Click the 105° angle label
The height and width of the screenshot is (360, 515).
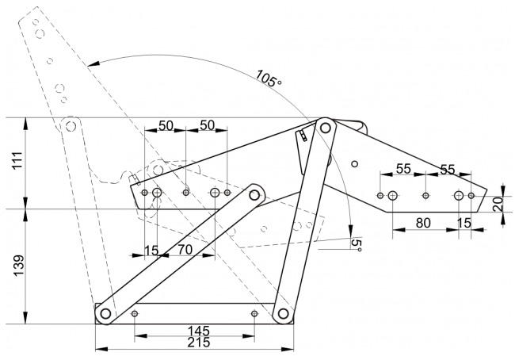tap(269, 79)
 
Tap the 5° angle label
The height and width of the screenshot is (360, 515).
tap(357, 245)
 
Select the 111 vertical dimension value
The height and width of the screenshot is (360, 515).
tap(17, 160)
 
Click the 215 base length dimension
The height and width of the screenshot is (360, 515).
tap(199, 343)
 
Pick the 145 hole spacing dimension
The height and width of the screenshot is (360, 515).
tap(198, 331)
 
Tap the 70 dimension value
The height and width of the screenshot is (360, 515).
tap(185, 250)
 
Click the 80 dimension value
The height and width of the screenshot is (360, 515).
tap(423, 224)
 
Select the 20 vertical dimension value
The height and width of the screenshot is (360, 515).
tap(498, 204)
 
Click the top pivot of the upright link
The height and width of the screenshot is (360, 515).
tap(325, 127)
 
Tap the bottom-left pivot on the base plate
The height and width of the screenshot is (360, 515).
tap(105, 313)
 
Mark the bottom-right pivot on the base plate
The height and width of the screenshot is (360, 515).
tap(283, 313)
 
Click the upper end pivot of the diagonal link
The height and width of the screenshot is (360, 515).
tap(254, 195)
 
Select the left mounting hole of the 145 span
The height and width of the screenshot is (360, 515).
tap(134, 313)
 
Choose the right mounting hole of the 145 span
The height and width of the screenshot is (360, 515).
tap(254, 313)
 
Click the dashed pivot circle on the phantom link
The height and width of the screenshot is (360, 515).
tap(70, 126)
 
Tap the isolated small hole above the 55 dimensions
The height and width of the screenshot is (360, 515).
tap(354, 163)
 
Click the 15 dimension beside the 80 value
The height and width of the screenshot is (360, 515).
tap(464, 224)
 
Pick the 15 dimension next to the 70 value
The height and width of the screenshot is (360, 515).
tap(151, 251)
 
